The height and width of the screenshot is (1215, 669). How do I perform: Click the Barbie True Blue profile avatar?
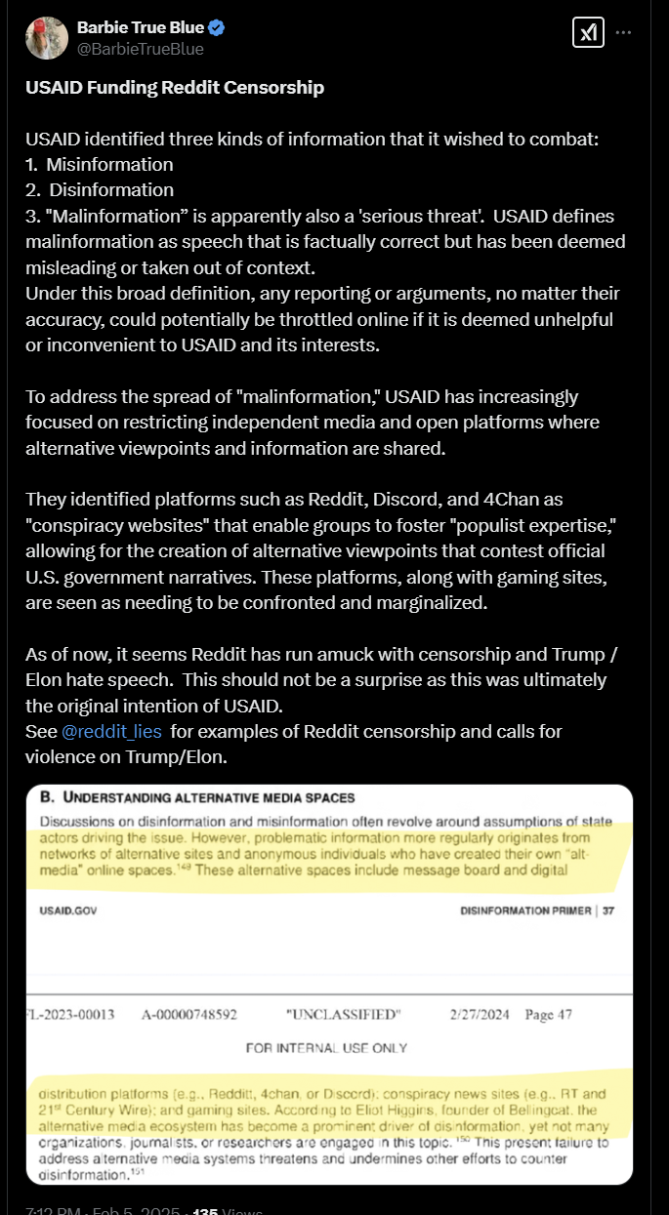46,37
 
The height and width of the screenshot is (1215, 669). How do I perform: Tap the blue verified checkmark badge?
220,27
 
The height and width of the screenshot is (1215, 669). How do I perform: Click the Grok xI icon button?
587,33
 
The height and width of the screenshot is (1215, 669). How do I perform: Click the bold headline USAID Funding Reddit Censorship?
175,88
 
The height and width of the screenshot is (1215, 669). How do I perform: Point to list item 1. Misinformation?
100,164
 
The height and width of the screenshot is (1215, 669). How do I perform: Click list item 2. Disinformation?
100,189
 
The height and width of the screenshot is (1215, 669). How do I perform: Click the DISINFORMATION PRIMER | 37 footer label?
538,911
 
